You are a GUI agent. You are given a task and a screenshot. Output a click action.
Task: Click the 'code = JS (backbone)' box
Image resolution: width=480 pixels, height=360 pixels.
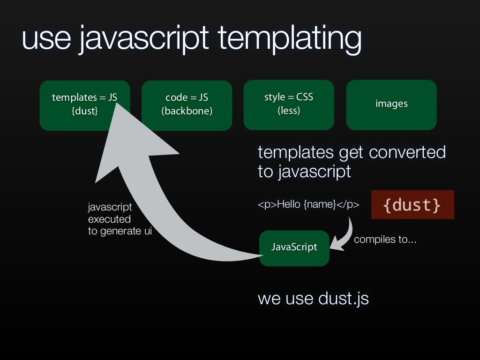tap(187, 105)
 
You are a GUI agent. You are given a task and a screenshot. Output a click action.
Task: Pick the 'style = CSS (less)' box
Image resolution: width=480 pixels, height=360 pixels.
tap(289, 105)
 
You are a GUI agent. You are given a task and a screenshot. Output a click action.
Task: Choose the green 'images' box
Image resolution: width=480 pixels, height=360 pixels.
tap(391, 105)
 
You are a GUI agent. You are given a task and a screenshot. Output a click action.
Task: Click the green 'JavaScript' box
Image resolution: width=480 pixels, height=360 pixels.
tap(294, 248)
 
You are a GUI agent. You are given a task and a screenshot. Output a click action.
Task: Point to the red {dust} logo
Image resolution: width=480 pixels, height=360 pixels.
tap(412, 205)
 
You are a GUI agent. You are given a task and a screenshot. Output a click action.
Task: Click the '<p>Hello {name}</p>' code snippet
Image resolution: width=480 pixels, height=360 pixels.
tap(308, 204)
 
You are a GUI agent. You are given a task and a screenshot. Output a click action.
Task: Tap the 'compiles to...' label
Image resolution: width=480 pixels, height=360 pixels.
tap(385, 240)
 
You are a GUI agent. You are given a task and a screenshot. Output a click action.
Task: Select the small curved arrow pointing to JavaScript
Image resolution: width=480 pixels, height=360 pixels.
tap(345, 234)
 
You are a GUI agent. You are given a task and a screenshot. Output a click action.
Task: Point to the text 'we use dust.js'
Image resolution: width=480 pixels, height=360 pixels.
tap(313, 299)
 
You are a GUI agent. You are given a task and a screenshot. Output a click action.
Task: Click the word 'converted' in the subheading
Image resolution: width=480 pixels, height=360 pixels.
tap(407, 152)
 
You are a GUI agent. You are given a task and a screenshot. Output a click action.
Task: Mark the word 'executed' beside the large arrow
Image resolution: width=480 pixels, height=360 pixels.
tap(109, 219)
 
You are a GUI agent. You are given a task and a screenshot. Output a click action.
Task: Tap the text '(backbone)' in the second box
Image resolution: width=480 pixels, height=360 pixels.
tap(187, 112)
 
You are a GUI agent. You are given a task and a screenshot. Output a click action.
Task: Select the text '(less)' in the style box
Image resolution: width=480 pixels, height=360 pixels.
tap(289, 111)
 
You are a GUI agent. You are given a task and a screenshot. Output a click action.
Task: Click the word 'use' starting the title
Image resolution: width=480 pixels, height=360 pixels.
tap(45, 39)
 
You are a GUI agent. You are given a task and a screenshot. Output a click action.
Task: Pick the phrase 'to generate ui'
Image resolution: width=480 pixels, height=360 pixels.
tap(120, 231)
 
